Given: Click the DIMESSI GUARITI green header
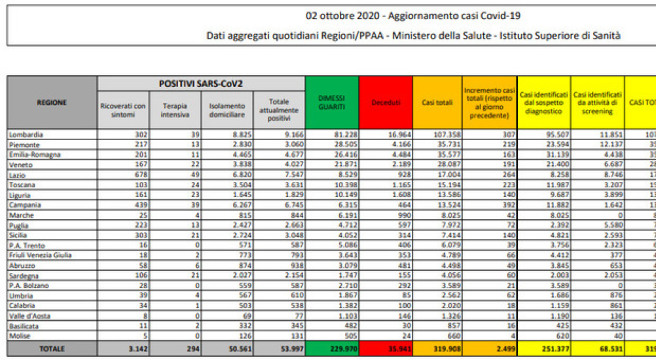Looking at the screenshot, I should pos(332,103).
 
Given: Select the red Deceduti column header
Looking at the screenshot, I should pos(386,103).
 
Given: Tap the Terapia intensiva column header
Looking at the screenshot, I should pos(175,110).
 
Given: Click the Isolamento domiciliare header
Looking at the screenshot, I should pos(227,110).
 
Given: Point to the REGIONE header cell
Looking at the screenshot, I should pos(52,103).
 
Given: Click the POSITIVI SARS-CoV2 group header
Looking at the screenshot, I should pos(201,84).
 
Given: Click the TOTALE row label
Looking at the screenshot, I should pos(52,350).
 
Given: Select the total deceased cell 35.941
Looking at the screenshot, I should pos(395,350).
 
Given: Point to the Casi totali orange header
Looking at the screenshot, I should pos(437,103).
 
